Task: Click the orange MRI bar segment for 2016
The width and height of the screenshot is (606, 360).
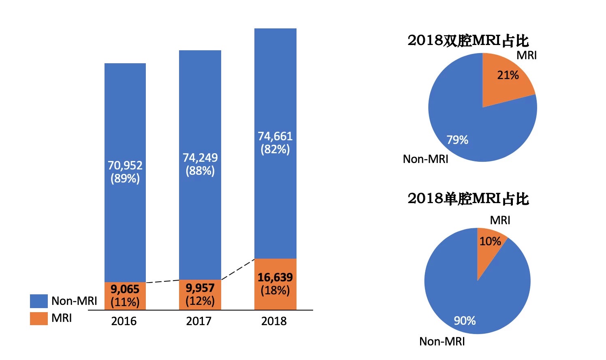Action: [125, 296]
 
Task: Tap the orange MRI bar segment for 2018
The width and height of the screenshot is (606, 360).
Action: [275, 284]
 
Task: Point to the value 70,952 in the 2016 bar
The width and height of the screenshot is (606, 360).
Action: [125, 165]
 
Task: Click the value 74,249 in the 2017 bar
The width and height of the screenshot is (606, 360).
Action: [200, 158]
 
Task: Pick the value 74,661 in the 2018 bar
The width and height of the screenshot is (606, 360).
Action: [275, 136]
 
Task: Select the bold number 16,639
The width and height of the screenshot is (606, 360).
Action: [275, 278]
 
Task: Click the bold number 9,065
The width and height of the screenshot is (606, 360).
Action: [125, 289]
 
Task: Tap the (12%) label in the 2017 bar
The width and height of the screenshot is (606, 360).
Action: [200, 301]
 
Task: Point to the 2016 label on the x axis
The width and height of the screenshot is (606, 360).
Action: [124, 321]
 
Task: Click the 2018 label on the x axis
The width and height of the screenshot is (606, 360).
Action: [274, 321]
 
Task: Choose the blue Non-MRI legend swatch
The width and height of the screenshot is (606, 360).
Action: [39, 301]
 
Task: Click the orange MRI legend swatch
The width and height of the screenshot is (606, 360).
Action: [39, 318]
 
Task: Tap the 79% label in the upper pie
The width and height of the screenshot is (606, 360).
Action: [457, 140]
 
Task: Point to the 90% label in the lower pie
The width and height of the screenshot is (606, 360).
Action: [465, 321]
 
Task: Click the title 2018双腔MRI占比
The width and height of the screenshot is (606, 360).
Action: [468, 41]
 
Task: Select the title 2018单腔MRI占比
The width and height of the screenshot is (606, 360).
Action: [468, 199]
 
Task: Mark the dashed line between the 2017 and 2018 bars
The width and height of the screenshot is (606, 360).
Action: [238, 269]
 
